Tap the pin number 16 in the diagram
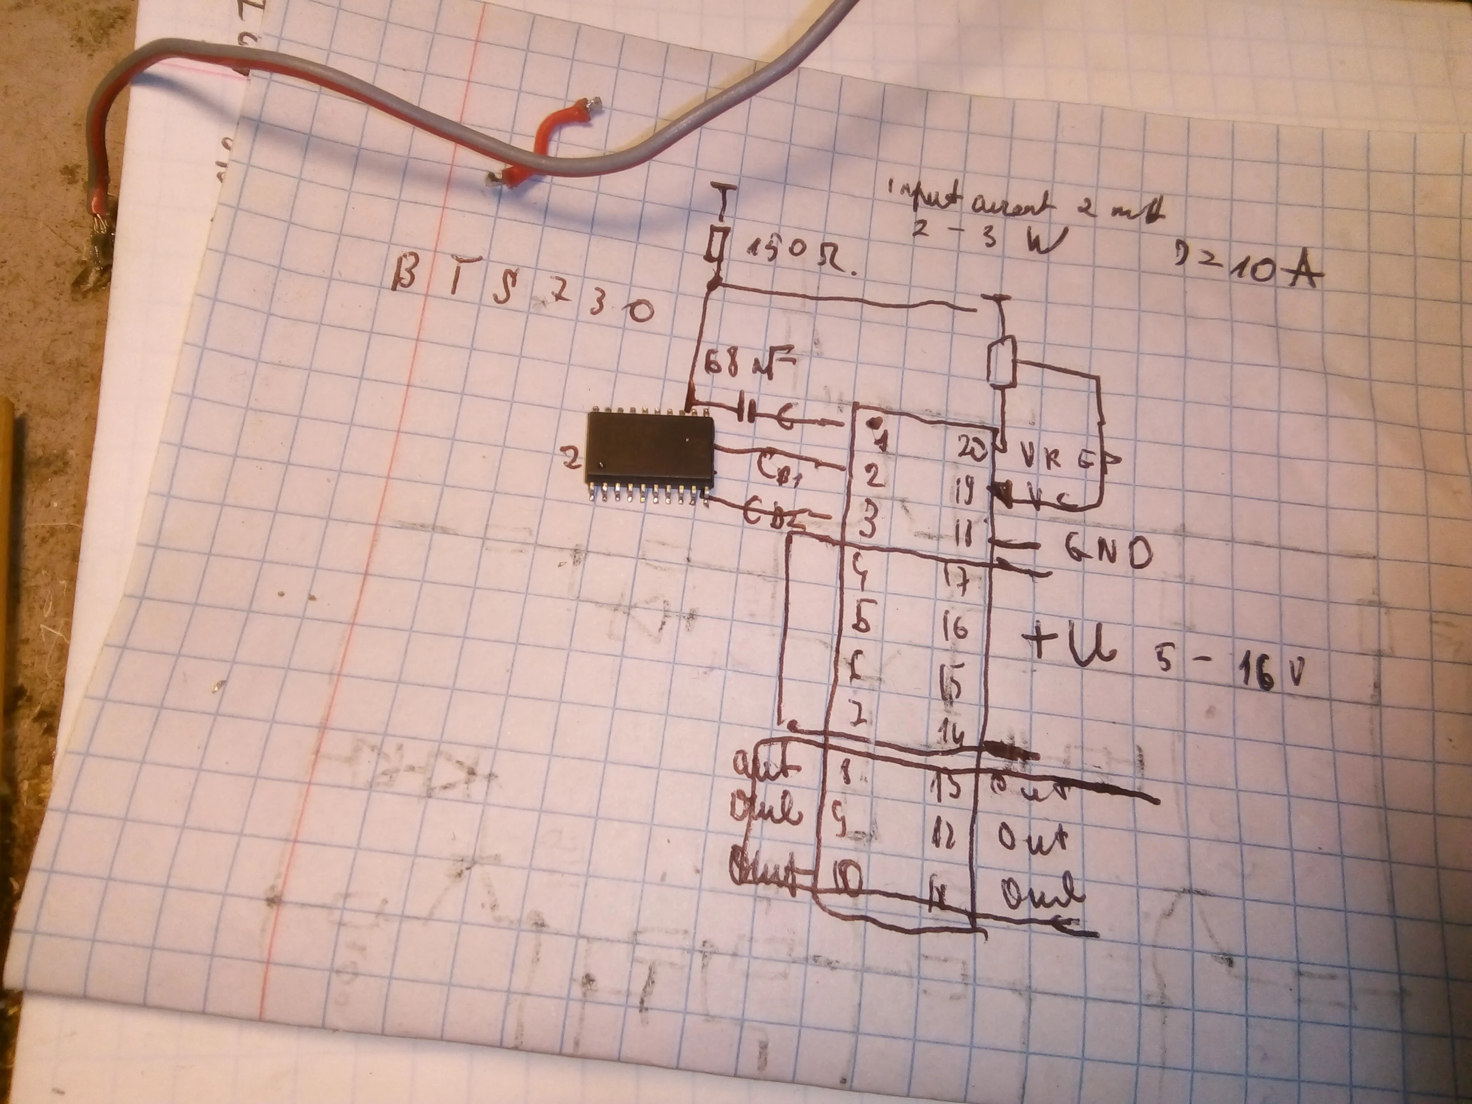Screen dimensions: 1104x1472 [x=956, y=627]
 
